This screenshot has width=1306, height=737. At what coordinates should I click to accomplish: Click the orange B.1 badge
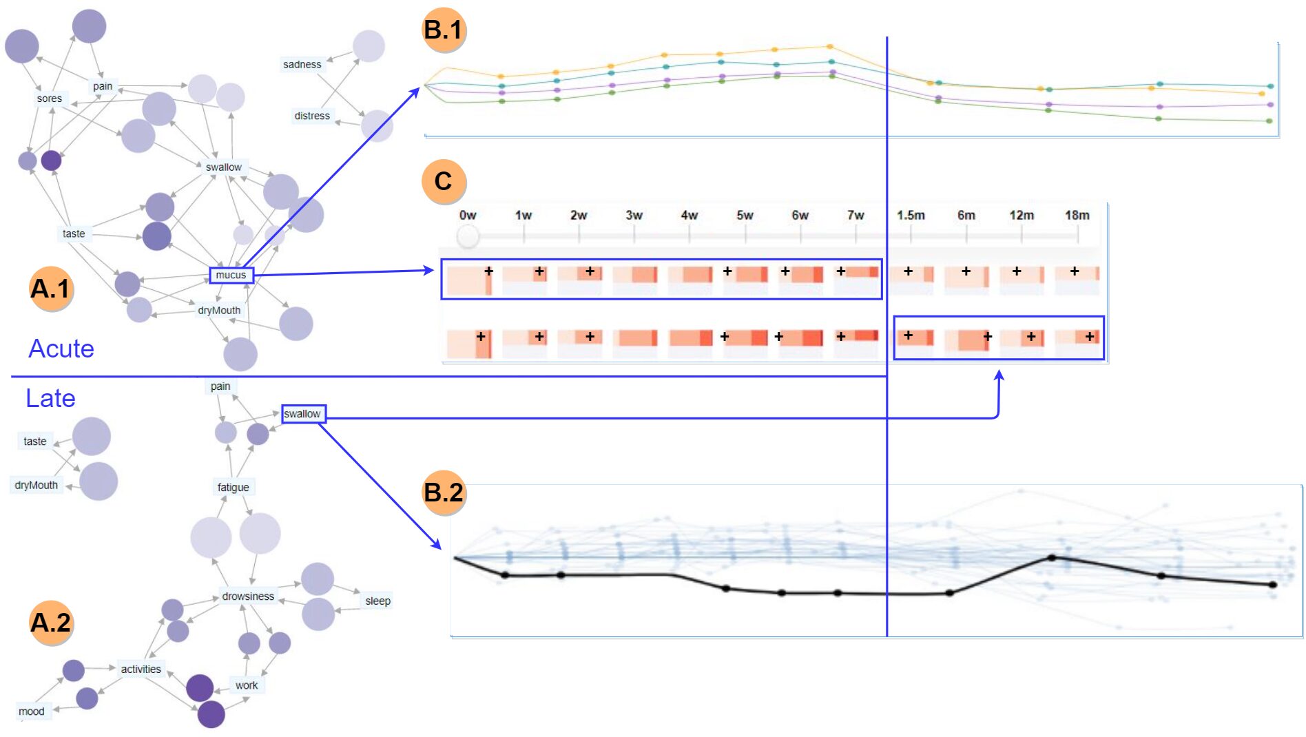[x=444, y=30]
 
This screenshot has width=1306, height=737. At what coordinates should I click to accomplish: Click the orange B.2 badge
[x=444, y=492]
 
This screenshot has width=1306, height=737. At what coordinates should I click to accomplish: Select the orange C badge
[x=444, y=181]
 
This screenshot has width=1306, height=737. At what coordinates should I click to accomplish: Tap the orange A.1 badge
[x=51, y=289]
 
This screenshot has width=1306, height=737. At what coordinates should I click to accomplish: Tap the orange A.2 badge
[x=51, y=623]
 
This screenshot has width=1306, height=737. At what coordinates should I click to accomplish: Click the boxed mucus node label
[x=231, y=276]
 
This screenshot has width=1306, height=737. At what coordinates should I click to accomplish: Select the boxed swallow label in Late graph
[x=303, y=414]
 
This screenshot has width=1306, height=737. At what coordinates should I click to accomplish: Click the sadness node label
[x=302, y=65]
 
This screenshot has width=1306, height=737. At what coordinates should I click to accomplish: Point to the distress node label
[x=312, y=116]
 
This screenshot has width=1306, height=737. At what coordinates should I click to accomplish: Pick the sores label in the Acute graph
[x=50, y=98]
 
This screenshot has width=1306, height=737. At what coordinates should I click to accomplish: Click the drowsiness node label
[x=248, y=596]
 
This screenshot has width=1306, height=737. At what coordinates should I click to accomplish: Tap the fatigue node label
[x=233, y=488]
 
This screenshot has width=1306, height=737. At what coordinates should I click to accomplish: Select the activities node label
[x=141, y=669]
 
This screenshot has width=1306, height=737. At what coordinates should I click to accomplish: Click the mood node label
[x=32, y=712]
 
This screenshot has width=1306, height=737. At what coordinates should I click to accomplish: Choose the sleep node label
[x=377, y=601]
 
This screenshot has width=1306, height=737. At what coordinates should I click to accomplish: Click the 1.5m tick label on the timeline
[x=911, y=216]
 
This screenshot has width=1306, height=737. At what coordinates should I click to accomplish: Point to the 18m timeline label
[x=1077, y=216]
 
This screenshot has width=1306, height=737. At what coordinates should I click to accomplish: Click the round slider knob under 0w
[x=468, y=236]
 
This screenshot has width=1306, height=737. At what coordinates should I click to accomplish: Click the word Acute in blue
[x=61, y=349]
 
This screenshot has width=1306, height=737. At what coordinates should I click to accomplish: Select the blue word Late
[x=50, y=398]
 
